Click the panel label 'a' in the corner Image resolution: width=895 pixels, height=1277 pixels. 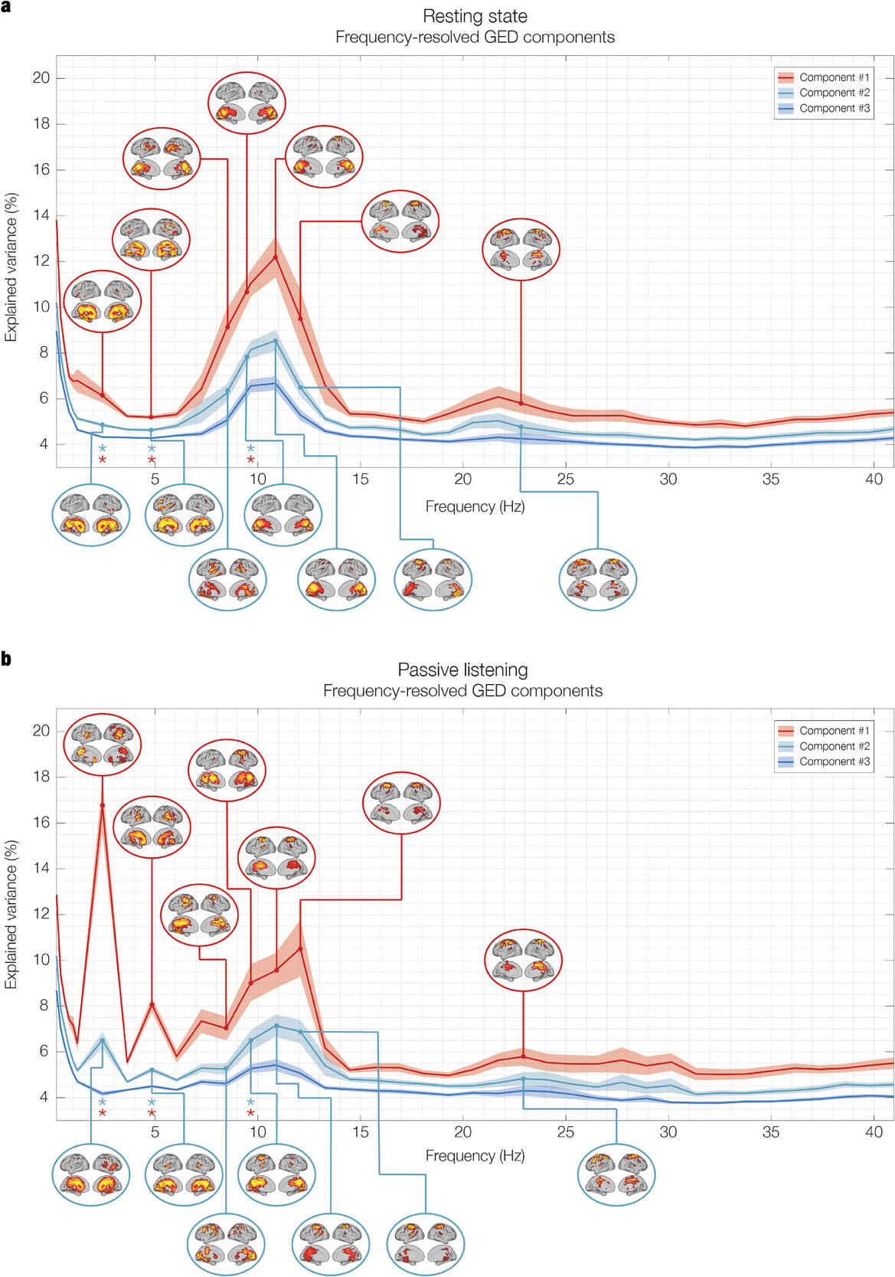pyautogui.click(x=6, y=7)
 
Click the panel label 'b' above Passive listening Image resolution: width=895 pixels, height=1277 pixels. pyautogui.click(x=6, y=659)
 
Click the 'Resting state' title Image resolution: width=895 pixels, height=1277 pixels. pyautogui.click(x=475, y=16)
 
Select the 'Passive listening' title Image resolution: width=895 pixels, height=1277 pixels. pyautogui.click(x=462, y=670)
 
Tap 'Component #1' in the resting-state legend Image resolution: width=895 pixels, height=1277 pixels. pyautogui.click(x=834, y=77)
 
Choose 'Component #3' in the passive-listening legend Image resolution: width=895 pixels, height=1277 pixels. pyautogui.click(x=834, y=761)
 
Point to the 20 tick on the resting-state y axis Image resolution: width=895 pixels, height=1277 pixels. pyautogui.click(x=41, y=77)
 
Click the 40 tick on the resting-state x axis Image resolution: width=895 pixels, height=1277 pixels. pyautogui.click(x=874, y=479)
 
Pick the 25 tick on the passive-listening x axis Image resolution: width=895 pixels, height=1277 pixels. pyautogui.click(x=566, y=1132)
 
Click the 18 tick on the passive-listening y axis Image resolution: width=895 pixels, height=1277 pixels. pyautogui.click(x=41, y=777)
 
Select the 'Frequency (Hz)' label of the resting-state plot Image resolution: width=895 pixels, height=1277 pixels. pyautogui.click(x=475, y=506)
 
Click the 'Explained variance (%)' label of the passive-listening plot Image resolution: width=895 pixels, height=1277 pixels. pyautogui.click(x=11, y=914)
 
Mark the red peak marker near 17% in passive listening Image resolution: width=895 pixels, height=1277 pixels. pyautogui.click(x=102, y=805)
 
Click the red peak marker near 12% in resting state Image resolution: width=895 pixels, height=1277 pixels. pyautogui.click(x=275, y=257)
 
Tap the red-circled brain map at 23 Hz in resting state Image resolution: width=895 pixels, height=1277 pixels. pyautogui.click(x=521, y=249)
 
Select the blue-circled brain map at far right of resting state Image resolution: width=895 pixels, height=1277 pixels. pyautogui.click(x=597, y=579)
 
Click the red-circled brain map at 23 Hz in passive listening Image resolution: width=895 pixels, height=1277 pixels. pyautogui.click(x=523, y=961)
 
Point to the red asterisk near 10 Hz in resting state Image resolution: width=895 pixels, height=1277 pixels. pyautogui.click(x=250, y=460)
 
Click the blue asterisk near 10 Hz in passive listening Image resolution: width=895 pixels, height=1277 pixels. pyautogui.click(x=250, y=1102)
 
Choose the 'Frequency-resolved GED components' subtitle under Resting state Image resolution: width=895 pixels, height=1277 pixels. pyautogui.click(x=475, y=37)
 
